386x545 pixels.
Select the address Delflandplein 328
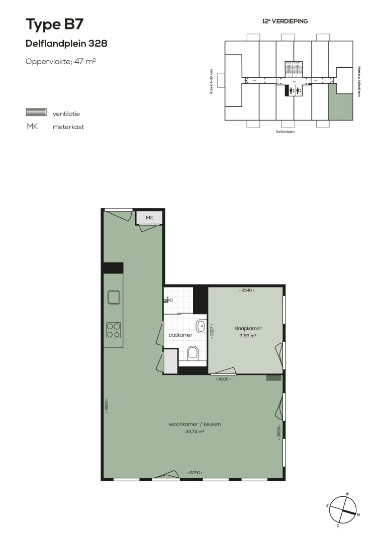coord(66,44)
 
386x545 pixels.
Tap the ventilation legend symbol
coord(36,112)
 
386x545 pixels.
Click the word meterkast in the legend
coord(68,127)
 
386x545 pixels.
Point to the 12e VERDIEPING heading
coord(284,22)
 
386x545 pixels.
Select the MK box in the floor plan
coord(149,217)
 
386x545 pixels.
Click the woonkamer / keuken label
coord(195,424)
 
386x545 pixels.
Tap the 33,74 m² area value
coord(195,431)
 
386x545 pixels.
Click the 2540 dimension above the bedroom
coord(246,290)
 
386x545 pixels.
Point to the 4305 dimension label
coord(223,379)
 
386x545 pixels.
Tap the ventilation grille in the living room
coord(273,378)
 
